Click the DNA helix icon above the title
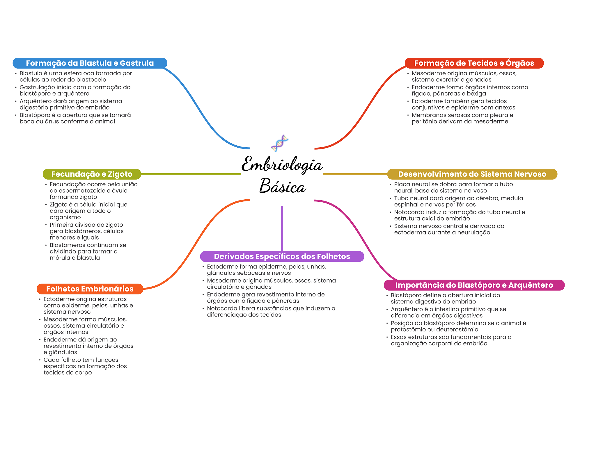[x=279, y=143]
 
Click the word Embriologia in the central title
[x=282, y=164]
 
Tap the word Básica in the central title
[x=283, y=186]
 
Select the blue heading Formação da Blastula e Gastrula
[x=90, y=63]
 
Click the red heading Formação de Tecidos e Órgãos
[x=474, y=63]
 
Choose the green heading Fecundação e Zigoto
[x=92, y=174]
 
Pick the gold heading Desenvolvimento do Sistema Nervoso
[x=472, y=174]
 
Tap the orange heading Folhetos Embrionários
[x=90, y=289]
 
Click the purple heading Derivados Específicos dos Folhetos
[x=282, y=256]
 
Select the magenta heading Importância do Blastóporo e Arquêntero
[x=474, y=285]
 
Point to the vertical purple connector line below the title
[x=282, y=228]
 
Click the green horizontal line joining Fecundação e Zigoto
[x=191, y=174]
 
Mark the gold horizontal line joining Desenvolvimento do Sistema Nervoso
[x=355, y=174]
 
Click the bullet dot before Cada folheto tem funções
[x=40, y=360]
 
